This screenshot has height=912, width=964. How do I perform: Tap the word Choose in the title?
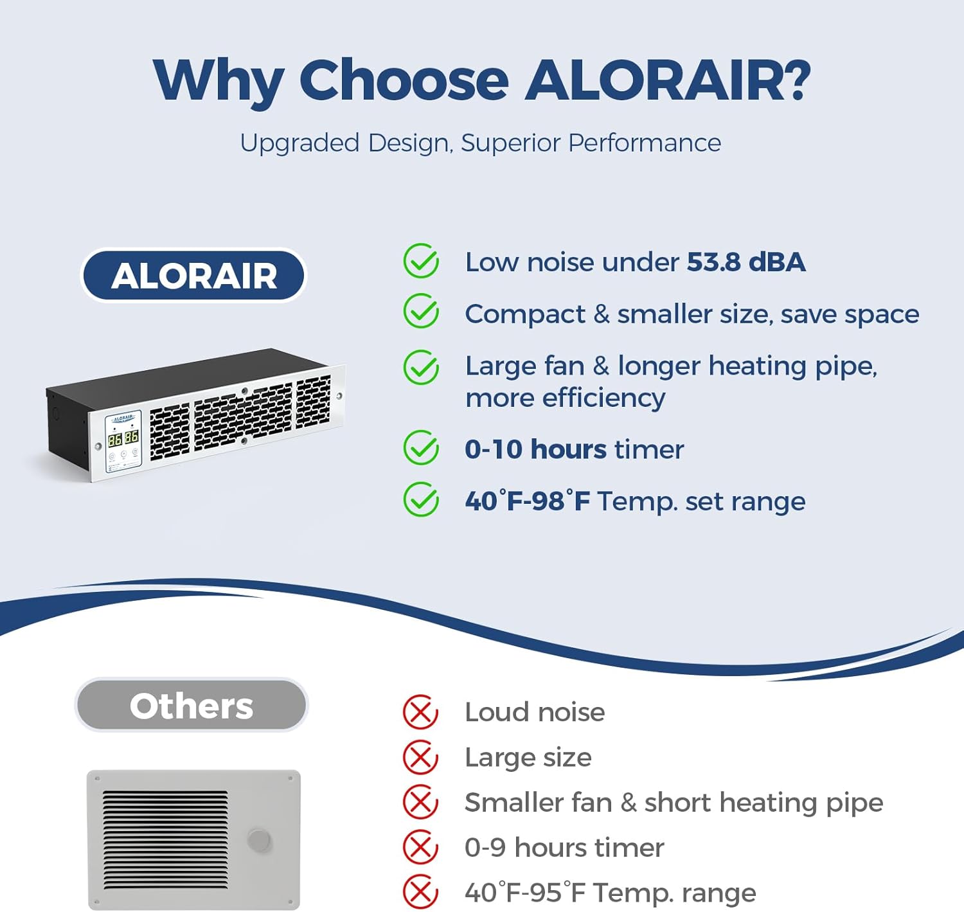[404, 80]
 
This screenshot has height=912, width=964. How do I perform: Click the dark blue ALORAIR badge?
[193, 275]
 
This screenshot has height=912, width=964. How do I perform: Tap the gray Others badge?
[192, 704]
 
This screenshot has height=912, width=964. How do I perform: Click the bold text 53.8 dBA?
[745, 262]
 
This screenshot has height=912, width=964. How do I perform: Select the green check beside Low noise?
[421, 261]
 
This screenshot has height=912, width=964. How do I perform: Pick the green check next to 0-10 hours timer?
[421, 447]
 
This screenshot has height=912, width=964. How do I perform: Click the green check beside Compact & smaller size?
[421, 311]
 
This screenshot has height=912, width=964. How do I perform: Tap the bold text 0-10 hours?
[535, 449]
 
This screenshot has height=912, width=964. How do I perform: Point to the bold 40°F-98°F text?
[527, 501]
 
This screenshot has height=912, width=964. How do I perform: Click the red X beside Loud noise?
[420, 712]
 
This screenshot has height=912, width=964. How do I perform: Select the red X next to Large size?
[420, 758]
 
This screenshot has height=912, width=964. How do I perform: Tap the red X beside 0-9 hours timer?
[420, 847]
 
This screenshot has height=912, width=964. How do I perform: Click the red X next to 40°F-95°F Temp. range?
[420, 892]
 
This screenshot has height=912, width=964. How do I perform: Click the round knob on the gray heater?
[259, 841]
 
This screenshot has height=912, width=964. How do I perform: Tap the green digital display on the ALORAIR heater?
[123, 438]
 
